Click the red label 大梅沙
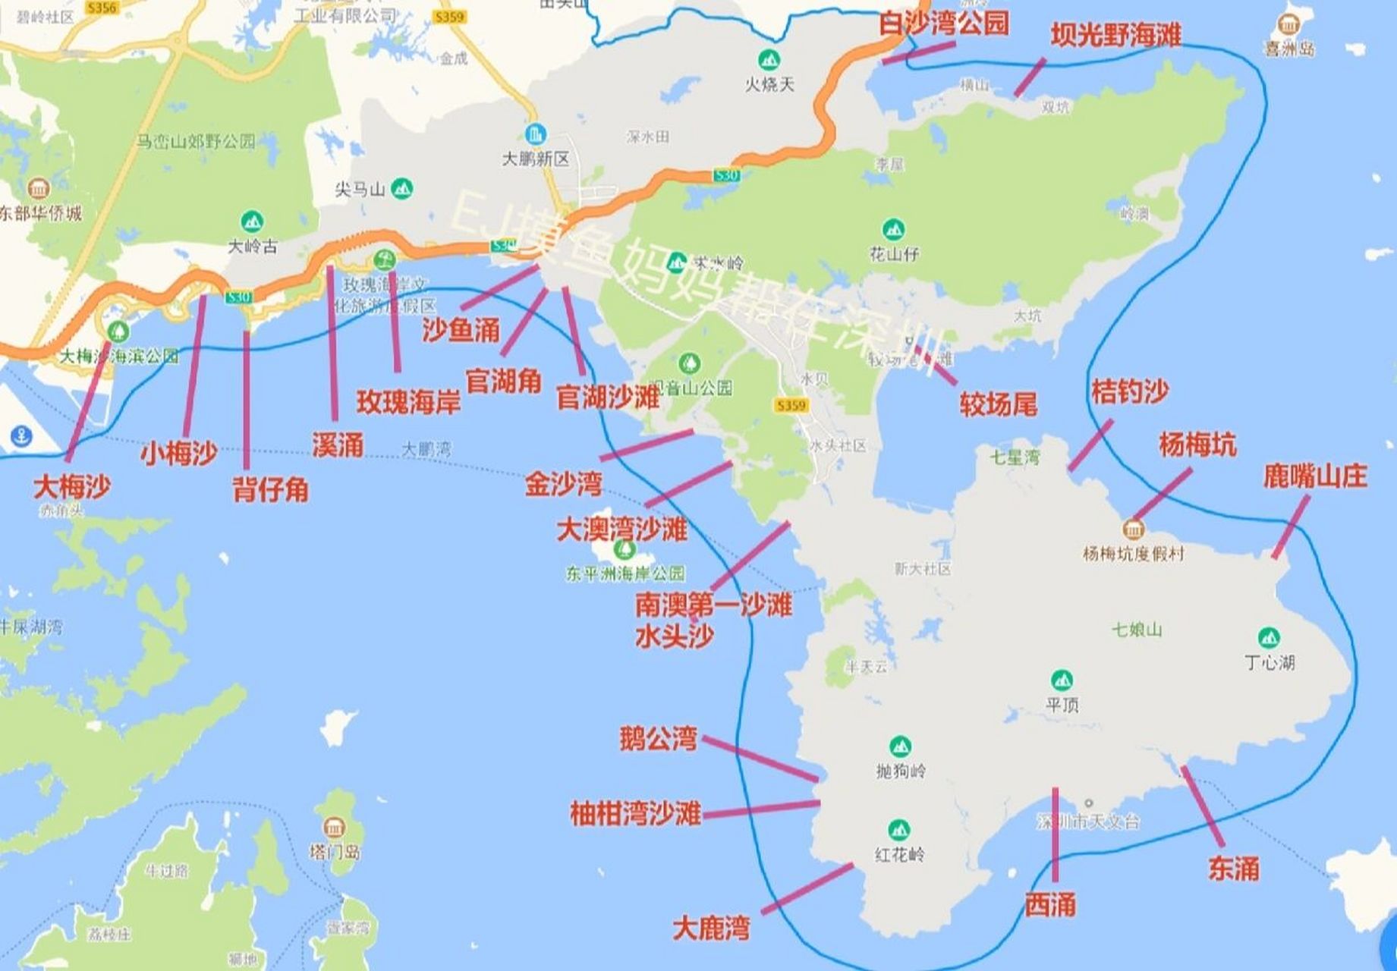click(x=71, y=486)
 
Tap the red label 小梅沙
click(x=178, y=454)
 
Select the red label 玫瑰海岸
click(x=409, y=402)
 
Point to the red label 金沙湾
click(x=563, y=484)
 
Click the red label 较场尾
click(x=998, y=404)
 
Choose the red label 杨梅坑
click(x=1197, y=445)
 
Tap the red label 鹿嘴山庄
click(x=1314, y=476)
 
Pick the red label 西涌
click(x=1050, y=904)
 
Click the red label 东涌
click(x=1233, y=868)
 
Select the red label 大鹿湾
click(x=711, y=928)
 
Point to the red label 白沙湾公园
click(x=944, y=24)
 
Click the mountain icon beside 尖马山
click(x=401, y=188)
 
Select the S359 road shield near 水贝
click(x=791, y=406)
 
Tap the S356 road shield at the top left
click(x=101, y=8)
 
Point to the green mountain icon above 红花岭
click(x=899, y=829)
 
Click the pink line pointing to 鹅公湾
click(x=760, y=757)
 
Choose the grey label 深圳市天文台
click(x=1088, y=822)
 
